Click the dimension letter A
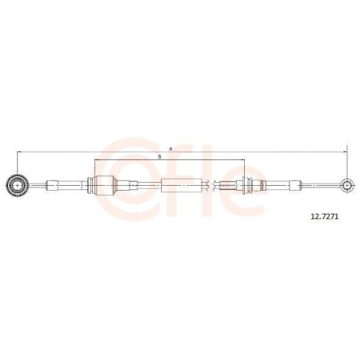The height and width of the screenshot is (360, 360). point(171,149)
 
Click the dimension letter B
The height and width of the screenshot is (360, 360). point(160,157)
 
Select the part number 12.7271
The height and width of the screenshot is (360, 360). point(325,217)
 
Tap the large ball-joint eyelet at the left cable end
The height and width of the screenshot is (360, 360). point(17,186)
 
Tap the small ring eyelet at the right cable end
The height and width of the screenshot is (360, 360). point(346,185)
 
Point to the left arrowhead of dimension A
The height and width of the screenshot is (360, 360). point(19,152)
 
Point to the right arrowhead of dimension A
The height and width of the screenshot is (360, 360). point(345,152)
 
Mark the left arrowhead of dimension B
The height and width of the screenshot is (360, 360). point(96,160)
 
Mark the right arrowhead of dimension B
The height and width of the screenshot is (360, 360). point(242,160)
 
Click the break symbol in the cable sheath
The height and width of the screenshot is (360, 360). point(210,185)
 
